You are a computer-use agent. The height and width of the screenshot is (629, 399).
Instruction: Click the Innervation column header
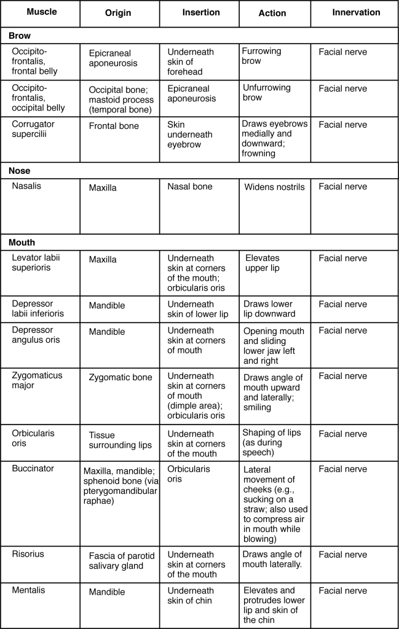(356, 12)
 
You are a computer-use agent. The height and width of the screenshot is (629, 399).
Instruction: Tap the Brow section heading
(19, 36)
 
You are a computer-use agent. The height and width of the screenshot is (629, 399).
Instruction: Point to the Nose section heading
(20, 171)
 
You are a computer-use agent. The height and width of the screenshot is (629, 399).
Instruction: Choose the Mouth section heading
(22, 242)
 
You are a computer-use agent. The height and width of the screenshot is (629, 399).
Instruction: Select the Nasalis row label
(27, 186)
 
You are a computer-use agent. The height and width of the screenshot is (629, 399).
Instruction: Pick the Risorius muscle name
(28, 554)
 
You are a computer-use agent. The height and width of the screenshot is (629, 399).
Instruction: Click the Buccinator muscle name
(33, 469)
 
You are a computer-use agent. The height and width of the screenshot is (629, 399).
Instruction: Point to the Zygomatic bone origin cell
(120, 377)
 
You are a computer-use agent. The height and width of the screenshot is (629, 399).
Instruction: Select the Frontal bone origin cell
(114, 126)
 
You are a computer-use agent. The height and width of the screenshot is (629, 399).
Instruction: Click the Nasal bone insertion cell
(190, 186)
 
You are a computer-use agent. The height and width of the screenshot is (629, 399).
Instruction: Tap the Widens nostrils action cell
(274, 187)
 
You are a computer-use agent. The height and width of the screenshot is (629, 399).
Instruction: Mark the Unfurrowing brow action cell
(267, 93)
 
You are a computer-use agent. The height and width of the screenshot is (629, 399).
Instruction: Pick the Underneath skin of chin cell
(191, 596)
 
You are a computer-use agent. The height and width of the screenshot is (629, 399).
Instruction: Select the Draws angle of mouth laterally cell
(273, 560)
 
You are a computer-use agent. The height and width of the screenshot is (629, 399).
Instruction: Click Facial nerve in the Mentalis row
(342, 591)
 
